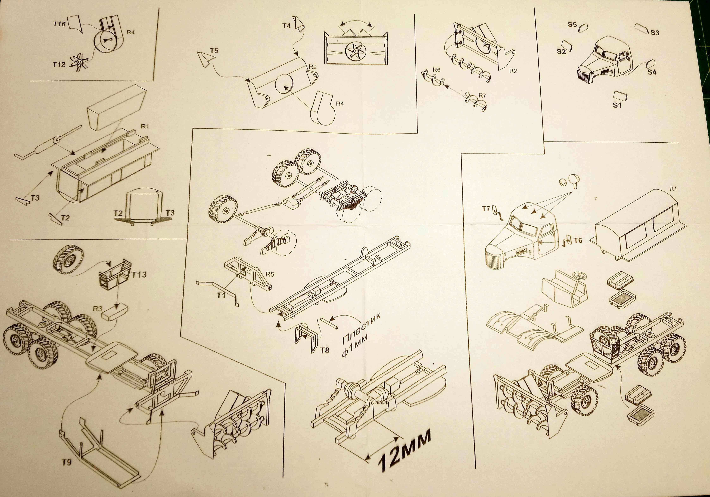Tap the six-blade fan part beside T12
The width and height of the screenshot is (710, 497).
tap(80, 63)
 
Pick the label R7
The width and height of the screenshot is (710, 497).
tap(482, 95)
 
